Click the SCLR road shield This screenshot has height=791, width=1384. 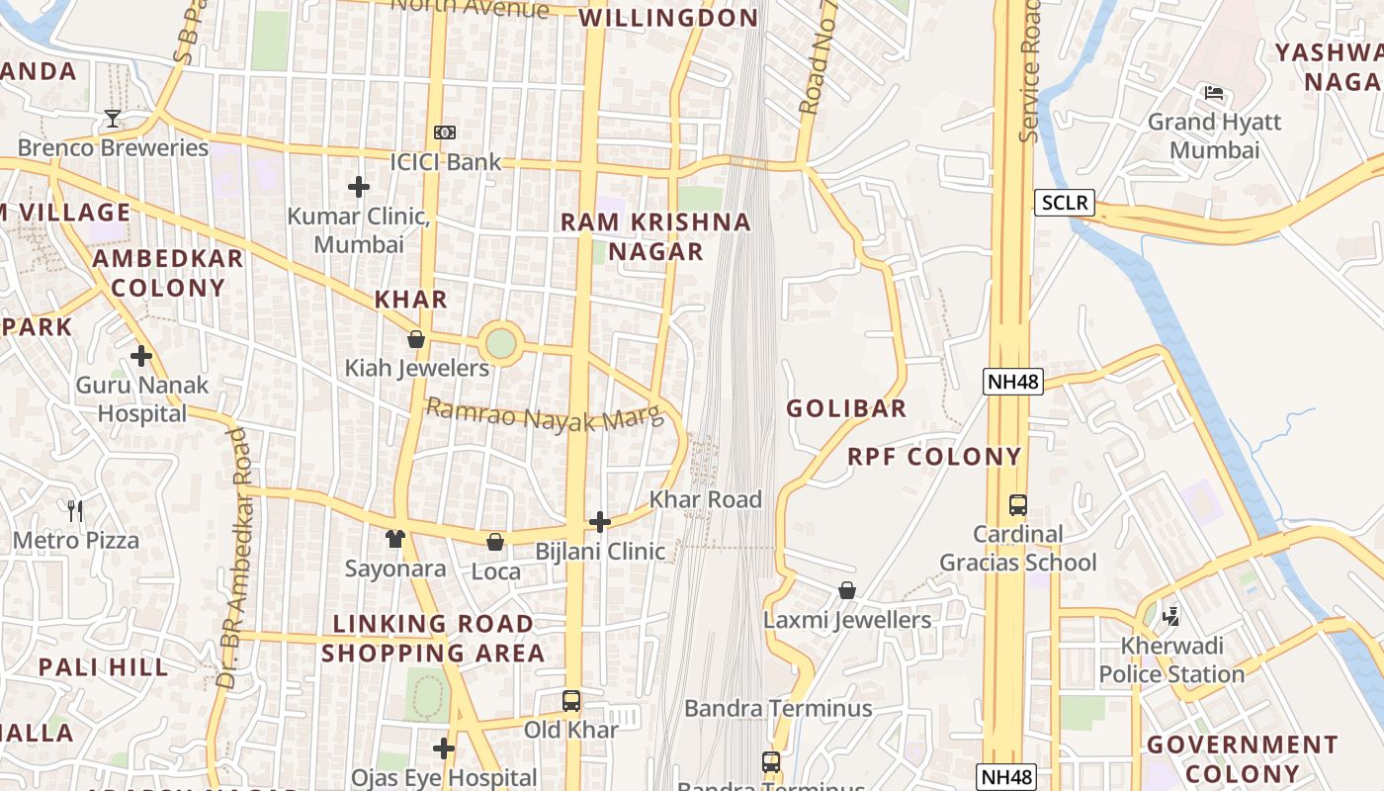[x=1065, y=204]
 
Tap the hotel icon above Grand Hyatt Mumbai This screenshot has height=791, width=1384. [x=1214, y=93]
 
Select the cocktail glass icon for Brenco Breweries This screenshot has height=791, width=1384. [x=113, y=119]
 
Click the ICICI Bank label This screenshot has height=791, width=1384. [x=445, y=161]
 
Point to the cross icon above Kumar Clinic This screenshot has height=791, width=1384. [x=358, y=186]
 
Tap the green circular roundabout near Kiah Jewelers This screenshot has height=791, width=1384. [x=501, y=344]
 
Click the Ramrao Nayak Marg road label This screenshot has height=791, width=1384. [x=544, y=416]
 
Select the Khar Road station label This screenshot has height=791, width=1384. [x=706, y=499]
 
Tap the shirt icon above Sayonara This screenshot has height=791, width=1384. [x=395, y=539]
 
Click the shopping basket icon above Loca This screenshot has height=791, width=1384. [x=495, y=542]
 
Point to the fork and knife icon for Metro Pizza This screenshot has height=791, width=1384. [x=75, y=510]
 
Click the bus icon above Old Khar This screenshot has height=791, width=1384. [x=570, y=701]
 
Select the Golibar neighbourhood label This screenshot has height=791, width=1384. [x=846, y=407]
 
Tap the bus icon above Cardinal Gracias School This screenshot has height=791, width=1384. [x=1017, y=505]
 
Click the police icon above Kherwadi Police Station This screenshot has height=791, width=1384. [x=1171, y=617]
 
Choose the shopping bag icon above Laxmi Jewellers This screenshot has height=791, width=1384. [x=847, y=590]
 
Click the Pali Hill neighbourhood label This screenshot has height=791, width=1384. [x=103, y=666]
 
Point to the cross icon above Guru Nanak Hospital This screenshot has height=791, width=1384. [x=141, y=355]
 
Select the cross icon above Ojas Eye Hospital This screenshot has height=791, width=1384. [x=444, y=748]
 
